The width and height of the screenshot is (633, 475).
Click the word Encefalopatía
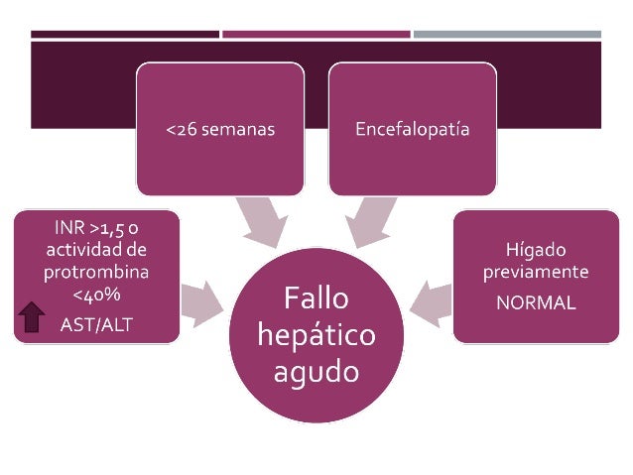point(413,130)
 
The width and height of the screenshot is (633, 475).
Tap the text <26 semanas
point(220,130)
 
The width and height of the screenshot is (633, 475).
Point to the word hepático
point(316,335)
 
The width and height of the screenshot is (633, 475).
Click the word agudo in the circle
point(316,373)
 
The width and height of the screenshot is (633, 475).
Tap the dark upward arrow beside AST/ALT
point(33,316)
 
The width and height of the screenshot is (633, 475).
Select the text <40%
point(97,294)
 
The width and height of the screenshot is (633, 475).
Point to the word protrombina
point(97,271)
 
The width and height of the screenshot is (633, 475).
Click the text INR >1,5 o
point(97,227)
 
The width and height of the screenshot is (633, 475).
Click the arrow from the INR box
point(202,299)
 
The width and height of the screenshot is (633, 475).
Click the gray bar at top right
point(506,35)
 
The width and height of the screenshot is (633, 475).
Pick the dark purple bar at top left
point(125,35)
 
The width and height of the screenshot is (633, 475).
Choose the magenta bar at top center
point(316,35)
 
